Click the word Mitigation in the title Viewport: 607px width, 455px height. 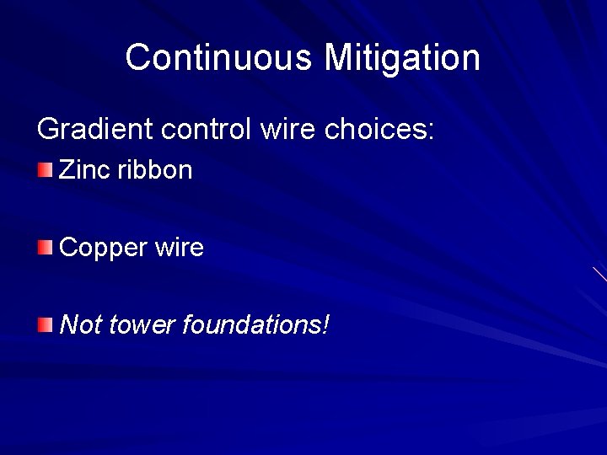pyautogui.click(x=402, y=58)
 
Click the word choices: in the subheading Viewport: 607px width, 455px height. pyautogui.click(x=379, y=130)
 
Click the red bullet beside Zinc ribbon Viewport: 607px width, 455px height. pyautogui.click(x=45, y=171)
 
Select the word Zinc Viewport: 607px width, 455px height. pyautogui.click(x=85, y=170)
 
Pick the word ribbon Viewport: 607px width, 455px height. pyautogui.click(x=155, y=170)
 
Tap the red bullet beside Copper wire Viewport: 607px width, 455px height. pyautogui.click(x=45, y=248)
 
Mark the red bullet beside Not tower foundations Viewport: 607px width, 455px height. pyautogui.click(x=45, y=324)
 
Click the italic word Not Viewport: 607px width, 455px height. pyautogui.click(x=81, y=324)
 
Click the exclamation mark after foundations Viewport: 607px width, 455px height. pyautogui.click(x=325, y=324)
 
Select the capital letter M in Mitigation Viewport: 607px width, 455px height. pyautogui.click(x=339, y=58)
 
